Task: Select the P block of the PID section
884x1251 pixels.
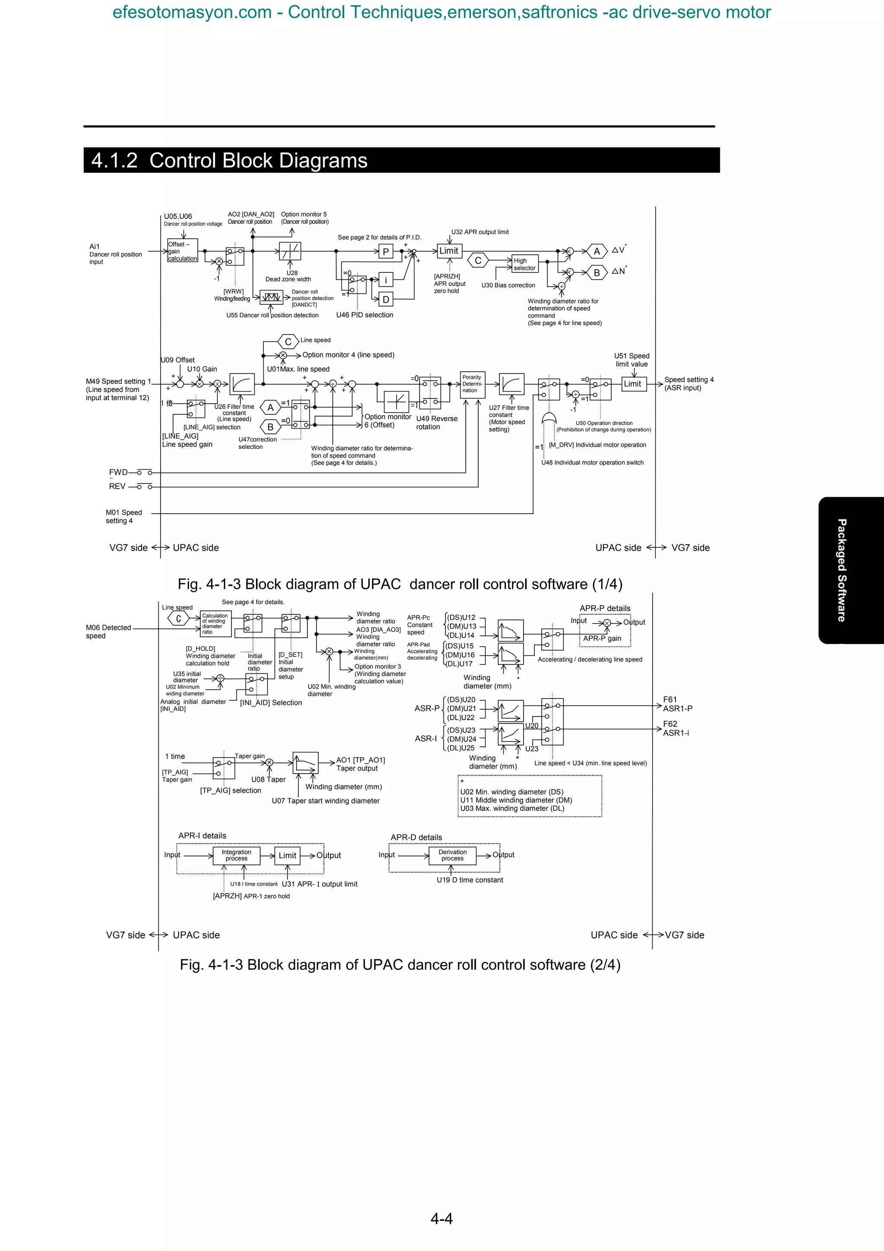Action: click(x=385, y=251)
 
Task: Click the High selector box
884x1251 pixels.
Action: click(x=524, y=264)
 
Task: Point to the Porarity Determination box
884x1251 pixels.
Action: click(x=472, y=384)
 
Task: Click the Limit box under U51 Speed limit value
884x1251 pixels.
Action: click(x=632, y=384)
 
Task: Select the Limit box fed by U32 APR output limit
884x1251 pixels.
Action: click(x=449, y=251)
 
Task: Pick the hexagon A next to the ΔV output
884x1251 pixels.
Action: click(x=597, y=251)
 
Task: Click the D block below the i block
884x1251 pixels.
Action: click(x=385, y=300)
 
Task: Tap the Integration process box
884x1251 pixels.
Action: click(x=237, y=856)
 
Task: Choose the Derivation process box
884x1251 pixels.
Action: click(x=453, y=855)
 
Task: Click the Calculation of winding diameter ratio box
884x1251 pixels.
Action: click(x=216, y=624)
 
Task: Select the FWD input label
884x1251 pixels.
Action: click(x=118, y=472)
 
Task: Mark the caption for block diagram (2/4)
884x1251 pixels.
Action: click(x=400, y=965)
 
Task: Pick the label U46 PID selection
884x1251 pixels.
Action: click(x=364, y=315)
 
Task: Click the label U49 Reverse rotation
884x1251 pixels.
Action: click(x=436, y=423)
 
